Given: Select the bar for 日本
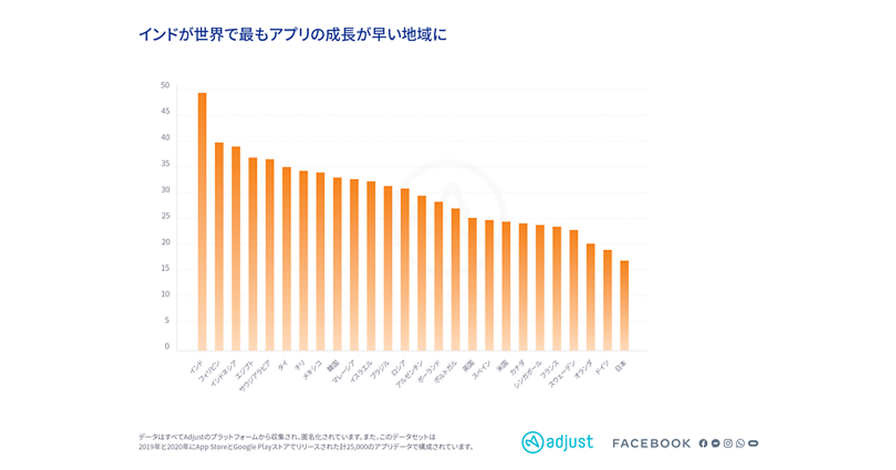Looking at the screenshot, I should point(624,305).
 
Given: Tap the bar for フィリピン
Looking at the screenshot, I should point(219,246).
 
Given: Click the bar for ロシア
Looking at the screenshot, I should point(405,269).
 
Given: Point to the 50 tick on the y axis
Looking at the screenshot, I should point(165,86).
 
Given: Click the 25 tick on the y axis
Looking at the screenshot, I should point(165,216).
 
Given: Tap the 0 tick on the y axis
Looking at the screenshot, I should point(167,347).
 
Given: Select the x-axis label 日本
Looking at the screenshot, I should point(620,366).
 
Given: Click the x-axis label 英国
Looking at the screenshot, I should point(469,366).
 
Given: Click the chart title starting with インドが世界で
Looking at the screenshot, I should point(292,35).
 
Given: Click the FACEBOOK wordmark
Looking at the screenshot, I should point(651,443).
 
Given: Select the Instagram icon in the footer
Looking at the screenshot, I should point(728,443).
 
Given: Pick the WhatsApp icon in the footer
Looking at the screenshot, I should point(740,443).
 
